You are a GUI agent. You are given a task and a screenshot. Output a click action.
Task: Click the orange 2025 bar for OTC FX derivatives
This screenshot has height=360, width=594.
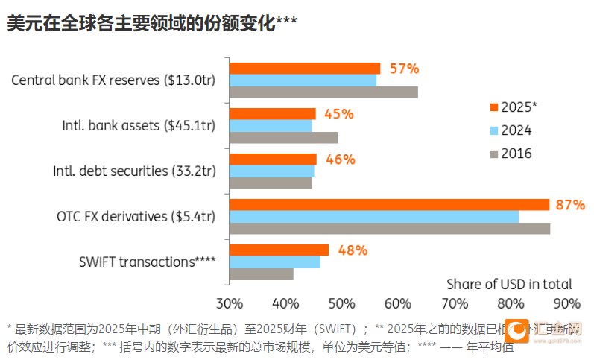(x=388, y=205)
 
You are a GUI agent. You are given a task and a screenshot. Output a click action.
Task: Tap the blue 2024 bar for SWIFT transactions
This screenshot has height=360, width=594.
(x=274, y=262)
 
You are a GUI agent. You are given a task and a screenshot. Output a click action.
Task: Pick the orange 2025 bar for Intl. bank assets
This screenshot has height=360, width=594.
(x=272, y=114)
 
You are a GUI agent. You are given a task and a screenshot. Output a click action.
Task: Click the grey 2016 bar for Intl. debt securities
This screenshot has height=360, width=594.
(x=270, y=183)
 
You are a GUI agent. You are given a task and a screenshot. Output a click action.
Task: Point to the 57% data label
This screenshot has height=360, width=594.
(x=405, y=69)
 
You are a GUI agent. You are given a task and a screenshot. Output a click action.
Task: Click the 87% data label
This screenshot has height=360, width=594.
(x=570, y=205)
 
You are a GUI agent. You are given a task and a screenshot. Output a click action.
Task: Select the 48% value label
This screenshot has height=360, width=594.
(x=353, y=250)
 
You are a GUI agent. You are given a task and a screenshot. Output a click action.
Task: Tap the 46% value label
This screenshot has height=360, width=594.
(x=340, y=160)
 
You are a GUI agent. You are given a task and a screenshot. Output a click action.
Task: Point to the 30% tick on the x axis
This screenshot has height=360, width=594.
(x=229, y=303)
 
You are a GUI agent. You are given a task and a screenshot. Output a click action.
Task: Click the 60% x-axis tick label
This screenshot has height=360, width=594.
(x=398, y=303)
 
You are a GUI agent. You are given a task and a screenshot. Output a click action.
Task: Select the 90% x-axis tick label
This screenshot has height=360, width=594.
(x=567, y=303)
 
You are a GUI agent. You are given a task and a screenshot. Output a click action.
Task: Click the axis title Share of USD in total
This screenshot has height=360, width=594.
(x=509, y=284)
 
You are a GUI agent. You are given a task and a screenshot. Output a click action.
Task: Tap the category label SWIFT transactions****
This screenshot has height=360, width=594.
(x=147, y=262)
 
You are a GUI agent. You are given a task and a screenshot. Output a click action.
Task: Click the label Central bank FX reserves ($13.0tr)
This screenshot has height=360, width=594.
(x=113, y=80)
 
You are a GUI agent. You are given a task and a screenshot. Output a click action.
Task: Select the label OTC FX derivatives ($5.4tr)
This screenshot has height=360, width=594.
(x=136, y=217)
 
